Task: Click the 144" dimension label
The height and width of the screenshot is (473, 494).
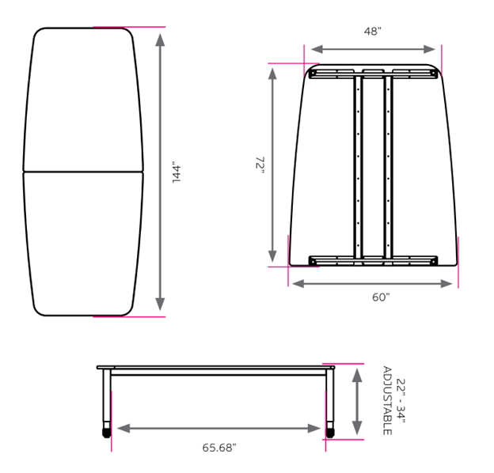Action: (x=177, y=173)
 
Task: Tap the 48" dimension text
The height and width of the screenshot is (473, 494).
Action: (x=373, y=32)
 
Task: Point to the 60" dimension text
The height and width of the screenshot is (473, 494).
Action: (x=381, y=297)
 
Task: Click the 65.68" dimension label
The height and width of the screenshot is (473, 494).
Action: (x=219, y=448)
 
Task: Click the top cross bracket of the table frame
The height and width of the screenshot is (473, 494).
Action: (x=373, y=74)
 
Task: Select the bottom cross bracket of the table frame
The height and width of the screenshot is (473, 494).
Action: (x=373, y=260)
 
